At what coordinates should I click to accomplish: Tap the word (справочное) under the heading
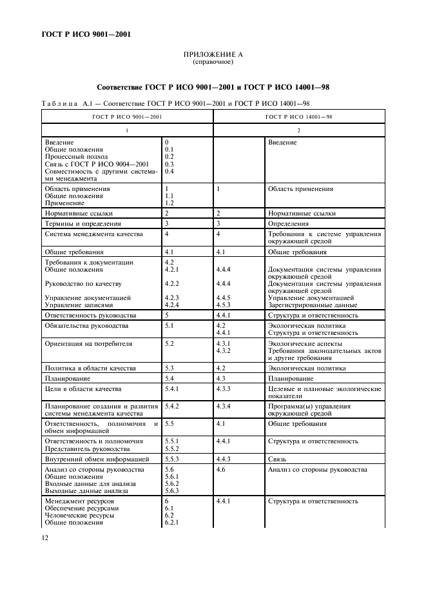[x=213, y=63]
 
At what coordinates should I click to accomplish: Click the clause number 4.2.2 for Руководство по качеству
[x=171, y=283]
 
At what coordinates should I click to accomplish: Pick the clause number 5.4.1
[x=171, y=389]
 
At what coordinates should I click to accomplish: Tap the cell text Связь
[x=276, y=459]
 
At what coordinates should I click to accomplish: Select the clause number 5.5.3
[x=171, y=459]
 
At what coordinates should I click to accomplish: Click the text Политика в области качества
[x=90, y=368]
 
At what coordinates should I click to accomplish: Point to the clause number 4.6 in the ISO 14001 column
[x=220, y=469]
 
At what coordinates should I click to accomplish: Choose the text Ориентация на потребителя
[x=88, y=344]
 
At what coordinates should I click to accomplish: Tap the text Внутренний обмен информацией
[x=97, y=459]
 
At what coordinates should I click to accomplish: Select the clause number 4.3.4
[x=224, y=407]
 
